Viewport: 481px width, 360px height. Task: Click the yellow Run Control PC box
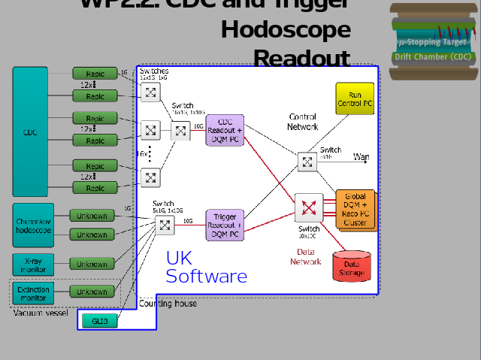pos(355,99)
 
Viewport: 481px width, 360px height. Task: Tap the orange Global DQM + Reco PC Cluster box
pos(355,209)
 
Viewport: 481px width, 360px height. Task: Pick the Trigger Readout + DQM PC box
pos(225,225)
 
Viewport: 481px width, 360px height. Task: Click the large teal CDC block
pos(30,132)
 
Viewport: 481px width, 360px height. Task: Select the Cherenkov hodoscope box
pos(33,225)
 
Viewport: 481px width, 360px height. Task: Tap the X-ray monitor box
pos(33,264)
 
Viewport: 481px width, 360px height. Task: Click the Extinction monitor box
pos(33,293)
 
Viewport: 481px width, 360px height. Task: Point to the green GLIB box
pos(100,321)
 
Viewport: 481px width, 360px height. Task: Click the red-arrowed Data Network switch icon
pos(308,208)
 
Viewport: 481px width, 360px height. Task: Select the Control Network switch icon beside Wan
pos(307,162)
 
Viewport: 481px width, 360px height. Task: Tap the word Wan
pos(362,157)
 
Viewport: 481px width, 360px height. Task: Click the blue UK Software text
pos(205,268)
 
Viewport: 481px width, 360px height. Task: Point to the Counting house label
pos(168,304)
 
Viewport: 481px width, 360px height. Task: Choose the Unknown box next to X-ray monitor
pos(92,264)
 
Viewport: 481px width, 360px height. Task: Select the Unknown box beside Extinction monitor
pos(92,292)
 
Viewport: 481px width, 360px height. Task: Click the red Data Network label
pos(306,256)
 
